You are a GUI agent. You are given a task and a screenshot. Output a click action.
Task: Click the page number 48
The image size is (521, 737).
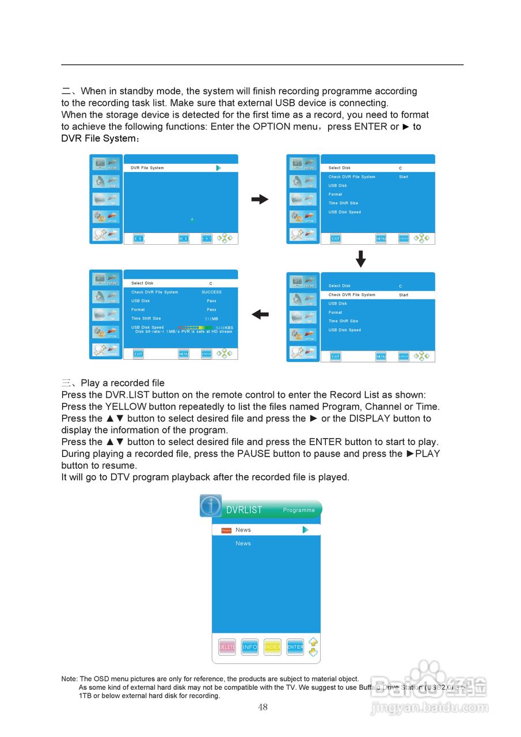click(x=263, y=707)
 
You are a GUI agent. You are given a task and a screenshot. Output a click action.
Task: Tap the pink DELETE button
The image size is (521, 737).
click(x=227, y=647)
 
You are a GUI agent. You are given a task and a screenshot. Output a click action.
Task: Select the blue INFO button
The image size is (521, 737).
click(x=250, y=647)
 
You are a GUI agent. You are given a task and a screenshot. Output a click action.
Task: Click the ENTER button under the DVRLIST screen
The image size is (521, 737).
click(x=295, y=647)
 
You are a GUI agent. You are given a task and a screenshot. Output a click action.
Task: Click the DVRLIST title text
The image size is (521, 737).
click(x=244, y=510)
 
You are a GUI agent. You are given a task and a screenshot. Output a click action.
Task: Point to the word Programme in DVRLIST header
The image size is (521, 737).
click(x=299, y=510)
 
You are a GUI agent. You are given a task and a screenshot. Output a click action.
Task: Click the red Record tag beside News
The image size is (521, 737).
click(x=226, y=530)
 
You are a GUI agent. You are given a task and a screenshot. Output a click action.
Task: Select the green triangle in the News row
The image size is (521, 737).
click(x=305, y=530)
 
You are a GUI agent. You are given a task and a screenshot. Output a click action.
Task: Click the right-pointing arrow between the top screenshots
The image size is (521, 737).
click(x=260, y=199)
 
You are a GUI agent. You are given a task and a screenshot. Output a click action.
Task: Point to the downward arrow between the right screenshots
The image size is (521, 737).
click(x=361, y=259)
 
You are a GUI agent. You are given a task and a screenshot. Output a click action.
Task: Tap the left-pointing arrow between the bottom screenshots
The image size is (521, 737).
click(x=260, y=314)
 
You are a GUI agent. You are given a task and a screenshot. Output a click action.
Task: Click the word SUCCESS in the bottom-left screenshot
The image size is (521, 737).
click(x=211, y=292)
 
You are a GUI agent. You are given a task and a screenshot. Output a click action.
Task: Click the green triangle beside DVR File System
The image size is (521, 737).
click(x=219, y=168)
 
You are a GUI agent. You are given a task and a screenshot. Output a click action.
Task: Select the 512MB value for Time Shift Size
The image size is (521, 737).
click(x=211, y=318)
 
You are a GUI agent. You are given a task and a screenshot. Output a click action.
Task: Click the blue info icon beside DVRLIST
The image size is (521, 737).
click(x=211, y=506)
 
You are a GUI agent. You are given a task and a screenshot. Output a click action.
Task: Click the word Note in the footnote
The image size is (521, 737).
click(x=69, y=679)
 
